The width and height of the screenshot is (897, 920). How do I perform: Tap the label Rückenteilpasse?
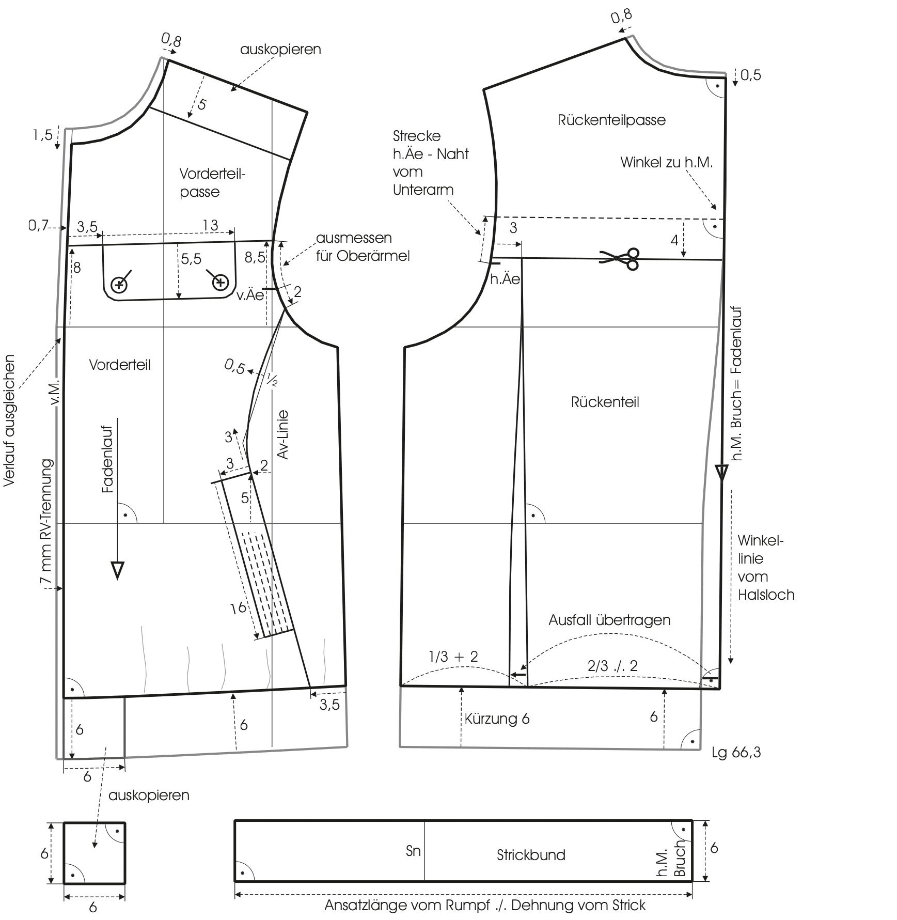click(x=611, y=120)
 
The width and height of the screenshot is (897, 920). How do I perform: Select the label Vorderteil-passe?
click(x=212, y=182)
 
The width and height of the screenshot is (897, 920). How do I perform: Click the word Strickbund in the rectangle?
click(x=531, y=855)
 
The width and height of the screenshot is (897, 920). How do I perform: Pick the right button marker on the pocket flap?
click(x=221, y=282)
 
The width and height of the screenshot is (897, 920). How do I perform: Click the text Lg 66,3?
click(x=736, y=753)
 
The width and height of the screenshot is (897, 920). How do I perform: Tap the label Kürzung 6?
click(x=497, y=719)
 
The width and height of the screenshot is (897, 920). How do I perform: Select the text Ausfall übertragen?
click(x=609, y=620)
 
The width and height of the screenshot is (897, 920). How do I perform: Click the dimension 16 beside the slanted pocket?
click(x=238, y=608)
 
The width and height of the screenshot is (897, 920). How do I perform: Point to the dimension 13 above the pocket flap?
click(x=210, y=225)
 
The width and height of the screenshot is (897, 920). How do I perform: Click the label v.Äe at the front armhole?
click(x=250, y=295)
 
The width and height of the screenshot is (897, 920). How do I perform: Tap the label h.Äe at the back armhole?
click(x=505, y=279)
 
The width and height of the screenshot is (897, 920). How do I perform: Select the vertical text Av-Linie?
click(x=282, y=434)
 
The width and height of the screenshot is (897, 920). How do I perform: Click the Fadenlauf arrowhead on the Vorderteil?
click(x=118, y=570)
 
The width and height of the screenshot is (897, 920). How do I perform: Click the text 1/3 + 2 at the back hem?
click(x=453, y=657)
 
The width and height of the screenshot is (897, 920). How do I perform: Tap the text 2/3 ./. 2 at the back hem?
click(x=612, y=666)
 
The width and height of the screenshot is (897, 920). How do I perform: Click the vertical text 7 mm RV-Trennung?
click(x=47, y=522)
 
